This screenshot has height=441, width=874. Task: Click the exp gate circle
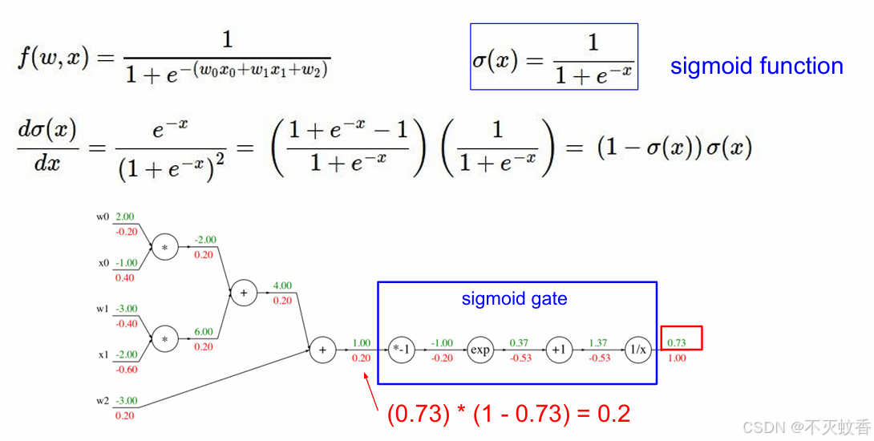(x=479, y=350)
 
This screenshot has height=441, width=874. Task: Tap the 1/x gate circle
(x=638, y=350)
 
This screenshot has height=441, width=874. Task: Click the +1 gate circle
(x=558, y=350)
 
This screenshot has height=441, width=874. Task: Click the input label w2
(x=103, y=400)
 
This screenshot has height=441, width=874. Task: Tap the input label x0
(x=103, y=263)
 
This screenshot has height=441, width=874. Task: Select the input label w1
(x=103, y=309)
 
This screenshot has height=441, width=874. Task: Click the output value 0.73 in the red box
(x=677, y=343)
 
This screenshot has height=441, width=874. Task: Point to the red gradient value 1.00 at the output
(x=677, y=358)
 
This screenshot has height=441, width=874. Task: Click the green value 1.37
(x=598, y=343)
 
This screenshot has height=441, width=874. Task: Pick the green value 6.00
(x=204, y=331)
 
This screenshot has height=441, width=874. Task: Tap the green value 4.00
(x=282, y=285)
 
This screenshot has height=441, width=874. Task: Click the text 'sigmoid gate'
(x=514, y=299)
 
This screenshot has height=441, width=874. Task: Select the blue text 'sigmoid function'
(x=756, y=66)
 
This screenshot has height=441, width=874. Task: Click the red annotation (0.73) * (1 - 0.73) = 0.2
(x=508, y=414)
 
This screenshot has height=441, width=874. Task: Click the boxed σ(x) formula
(x=553, y=57)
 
